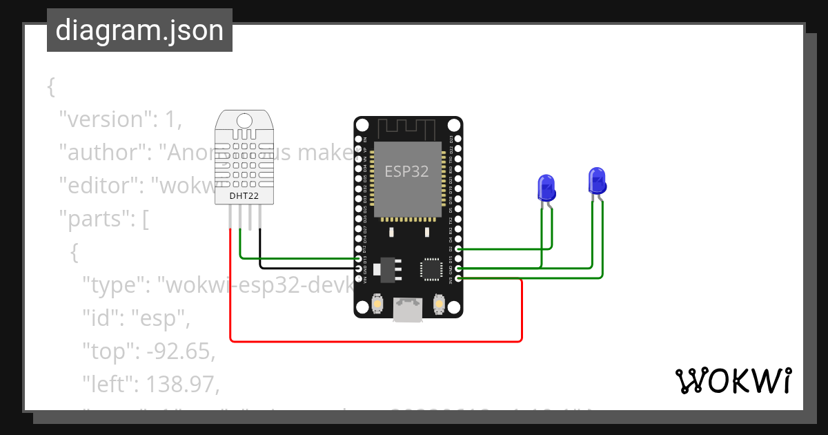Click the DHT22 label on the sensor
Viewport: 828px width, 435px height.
coord(244,196)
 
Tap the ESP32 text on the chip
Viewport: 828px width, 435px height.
coord(406,171)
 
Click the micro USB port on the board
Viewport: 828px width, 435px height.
coord(408,309)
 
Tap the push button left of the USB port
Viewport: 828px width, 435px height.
coord(377,303)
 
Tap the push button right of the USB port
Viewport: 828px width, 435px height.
coord(438,303)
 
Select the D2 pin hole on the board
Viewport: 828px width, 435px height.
coord(457,249)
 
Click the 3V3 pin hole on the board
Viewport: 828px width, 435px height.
coord(457,278)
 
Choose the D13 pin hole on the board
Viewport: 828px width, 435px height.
coord(358,258)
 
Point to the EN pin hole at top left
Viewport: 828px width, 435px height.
coord(358,139)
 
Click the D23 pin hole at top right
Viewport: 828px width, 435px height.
coord(457,139)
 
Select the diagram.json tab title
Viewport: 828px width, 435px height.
coord(139,30)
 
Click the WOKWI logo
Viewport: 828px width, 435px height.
coord(733,380)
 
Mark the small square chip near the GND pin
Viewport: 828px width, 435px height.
coord(432,269)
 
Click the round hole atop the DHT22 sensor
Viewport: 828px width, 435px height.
coord(244,120)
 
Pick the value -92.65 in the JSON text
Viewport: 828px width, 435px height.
coord(181,351)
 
